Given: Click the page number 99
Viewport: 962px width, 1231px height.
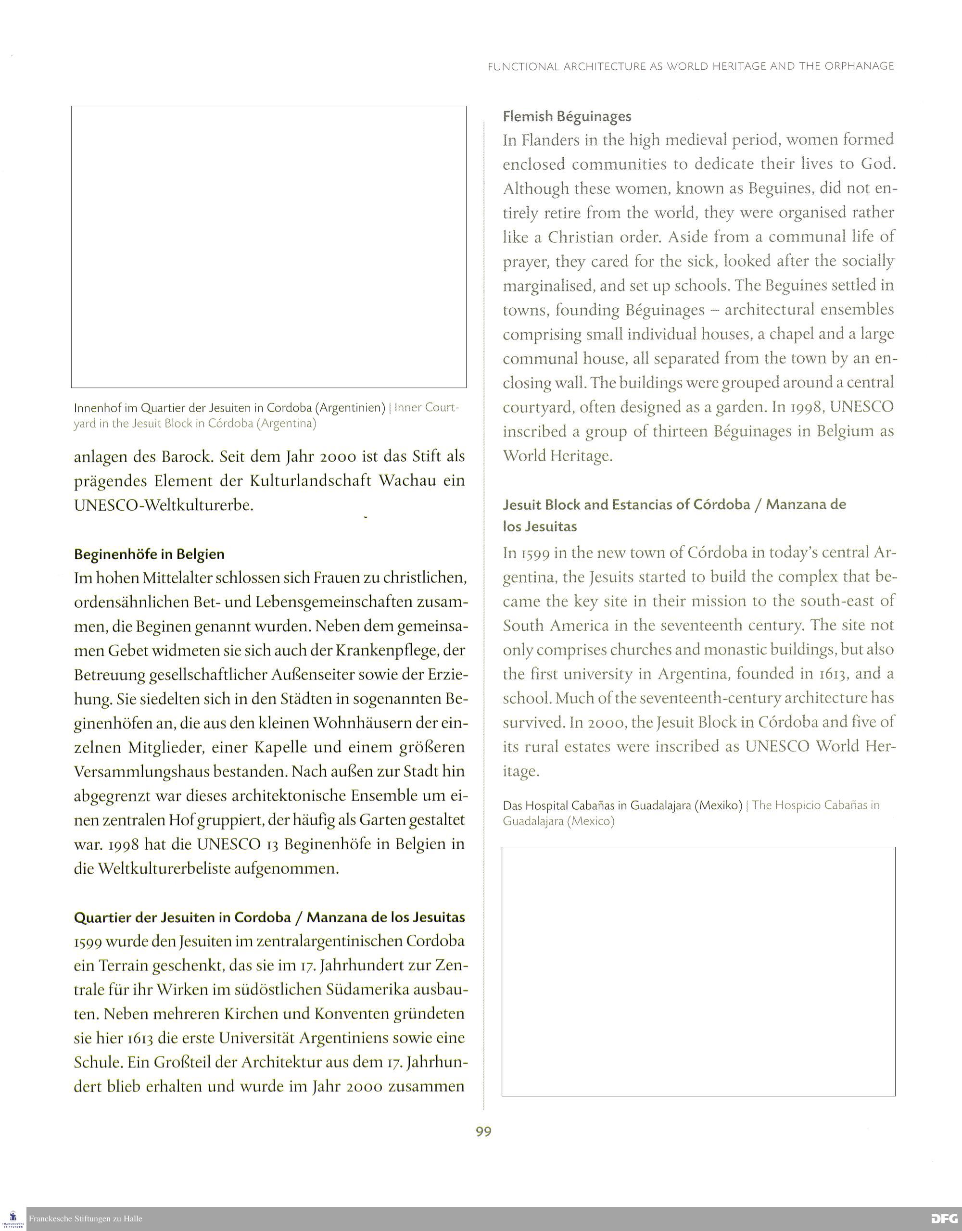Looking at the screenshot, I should [x=483, y=1132].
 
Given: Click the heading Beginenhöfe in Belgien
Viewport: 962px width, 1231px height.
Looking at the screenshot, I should [x=149, y=554].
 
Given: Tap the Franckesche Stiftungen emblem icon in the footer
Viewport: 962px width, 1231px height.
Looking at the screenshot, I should [x=13, y=1218].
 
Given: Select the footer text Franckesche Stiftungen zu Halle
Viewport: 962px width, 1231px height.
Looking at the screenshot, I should [x=85, y=1218].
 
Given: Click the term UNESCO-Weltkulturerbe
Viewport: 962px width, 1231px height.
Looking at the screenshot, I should [x=164, y=505].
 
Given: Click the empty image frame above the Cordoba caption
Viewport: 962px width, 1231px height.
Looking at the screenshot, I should [x=268, y=246].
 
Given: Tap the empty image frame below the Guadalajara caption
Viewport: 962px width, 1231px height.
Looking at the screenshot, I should [x=698, y=970].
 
